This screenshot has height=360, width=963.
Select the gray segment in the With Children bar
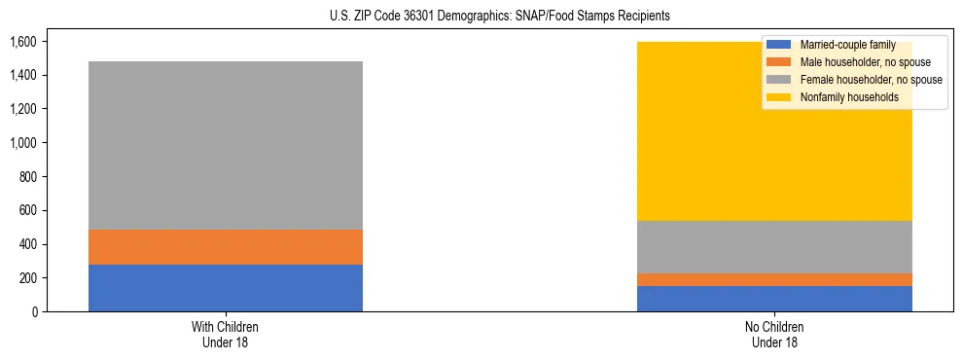(226, 146)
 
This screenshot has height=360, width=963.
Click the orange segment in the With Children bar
(226, 247)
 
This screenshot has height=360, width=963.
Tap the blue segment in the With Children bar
(226, 288)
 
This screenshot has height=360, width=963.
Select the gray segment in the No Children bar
(774, 247)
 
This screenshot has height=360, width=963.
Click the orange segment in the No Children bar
(774, 280)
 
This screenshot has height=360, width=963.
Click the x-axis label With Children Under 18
(226, 334)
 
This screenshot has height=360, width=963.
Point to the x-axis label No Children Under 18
(774, 334)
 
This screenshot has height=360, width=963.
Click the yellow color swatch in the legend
(779, 97)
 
